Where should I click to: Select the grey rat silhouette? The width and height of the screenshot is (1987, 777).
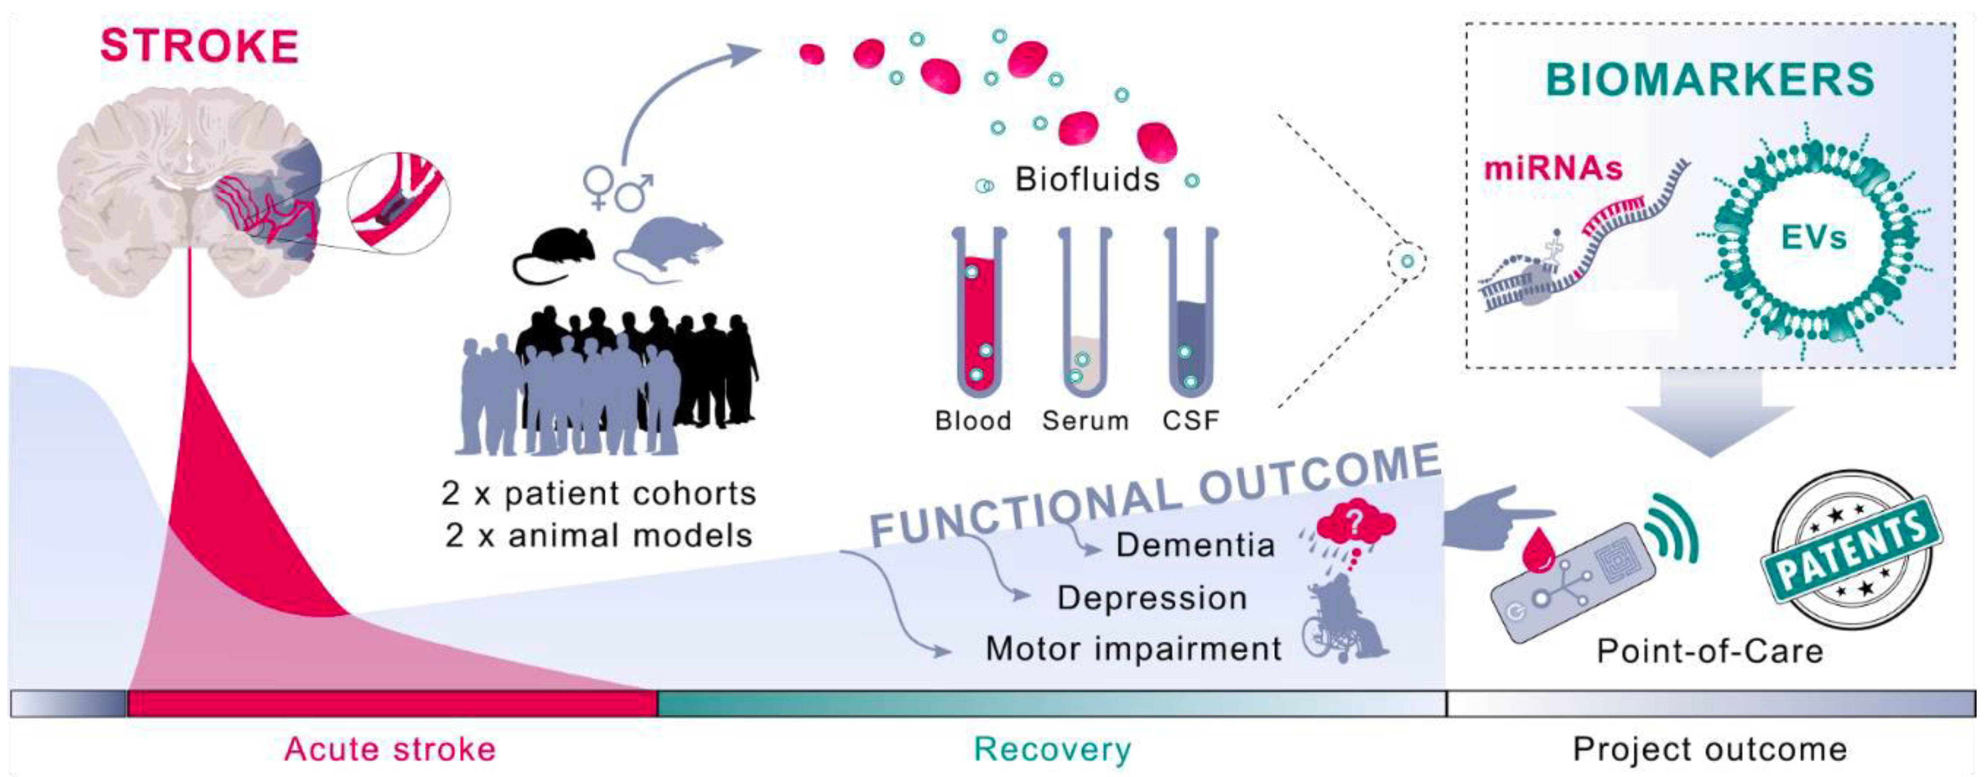(x=667, y=247)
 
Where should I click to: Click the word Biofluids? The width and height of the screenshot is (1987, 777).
(x=1087, y=180)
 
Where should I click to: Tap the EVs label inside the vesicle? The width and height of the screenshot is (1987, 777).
(x=1813, y=237)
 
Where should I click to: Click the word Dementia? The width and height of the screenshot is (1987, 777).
(x=1195, y=545)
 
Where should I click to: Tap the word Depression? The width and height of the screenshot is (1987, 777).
(x=1152, y=598)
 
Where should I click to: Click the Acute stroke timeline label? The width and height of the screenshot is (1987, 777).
(x=390, y=749)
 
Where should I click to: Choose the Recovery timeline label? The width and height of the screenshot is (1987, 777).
(x=1052, y=749)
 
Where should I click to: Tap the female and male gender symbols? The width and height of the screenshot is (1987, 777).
(x=617, y=187)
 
